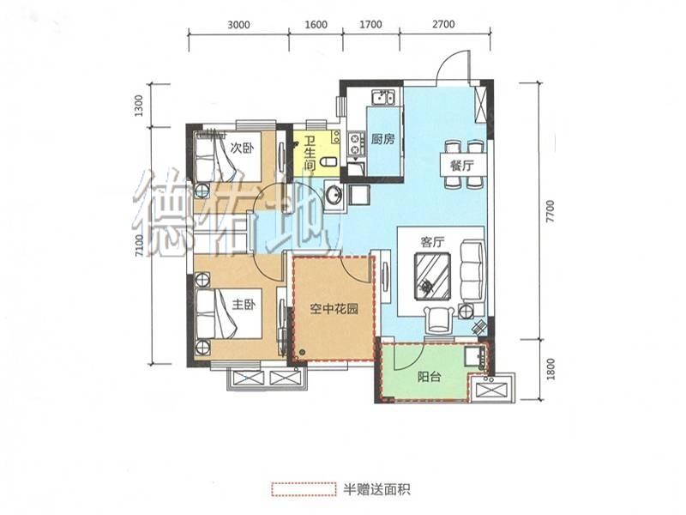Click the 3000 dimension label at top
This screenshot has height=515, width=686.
(239, 24)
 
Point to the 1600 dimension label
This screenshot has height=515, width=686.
(316, 24)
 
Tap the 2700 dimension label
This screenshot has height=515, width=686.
(443, 24)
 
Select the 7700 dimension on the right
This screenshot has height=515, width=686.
(551, 211)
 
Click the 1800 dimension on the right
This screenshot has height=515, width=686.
(551, 369)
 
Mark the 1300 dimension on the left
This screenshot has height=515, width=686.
(139, 106)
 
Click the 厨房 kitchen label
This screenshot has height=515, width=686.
(383, 139)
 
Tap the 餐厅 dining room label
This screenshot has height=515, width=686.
(462, 166)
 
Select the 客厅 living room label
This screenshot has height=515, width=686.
(433, 242)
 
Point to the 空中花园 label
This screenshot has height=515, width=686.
(334, 309)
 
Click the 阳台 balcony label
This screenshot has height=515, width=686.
(429, 377)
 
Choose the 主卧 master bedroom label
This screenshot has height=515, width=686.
(244, 305)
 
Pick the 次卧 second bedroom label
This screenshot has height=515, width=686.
(242, 148)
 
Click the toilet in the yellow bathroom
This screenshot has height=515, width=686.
(330, 163)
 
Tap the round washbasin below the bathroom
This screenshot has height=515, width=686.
(334, 196)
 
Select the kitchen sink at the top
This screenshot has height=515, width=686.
(383, 97)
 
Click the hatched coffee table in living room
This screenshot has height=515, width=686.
(433, 276)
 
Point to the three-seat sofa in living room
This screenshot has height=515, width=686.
(473, 270)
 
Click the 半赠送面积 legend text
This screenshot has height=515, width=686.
(376, 488)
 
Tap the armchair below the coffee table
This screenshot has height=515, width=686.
(439, 319)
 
